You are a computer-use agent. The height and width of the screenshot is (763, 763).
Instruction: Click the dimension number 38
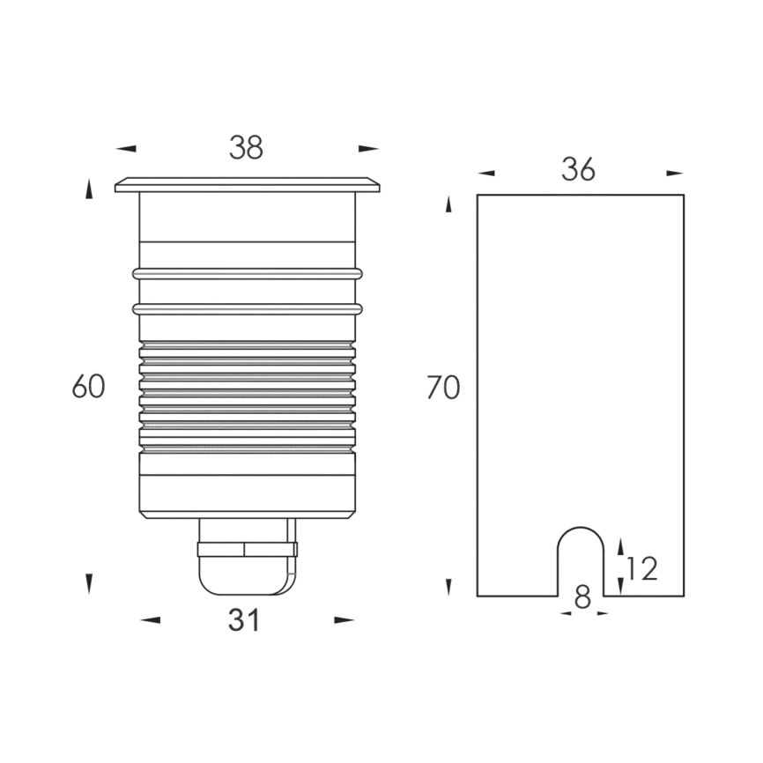246,147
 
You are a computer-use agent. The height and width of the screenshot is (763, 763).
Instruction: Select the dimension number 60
89,387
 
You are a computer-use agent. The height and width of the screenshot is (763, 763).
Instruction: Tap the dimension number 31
244,620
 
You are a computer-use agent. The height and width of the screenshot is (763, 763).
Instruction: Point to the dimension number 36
579,169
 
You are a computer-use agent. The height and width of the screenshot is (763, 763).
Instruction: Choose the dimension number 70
443,388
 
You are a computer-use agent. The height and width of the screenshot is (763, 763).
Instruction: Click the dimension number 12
642,569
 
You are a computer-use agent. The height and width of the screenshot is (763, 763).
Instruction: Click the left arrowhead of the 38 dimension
126,148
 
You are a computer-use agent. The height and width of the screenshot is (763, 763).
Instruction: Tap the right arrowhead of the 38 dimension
368,148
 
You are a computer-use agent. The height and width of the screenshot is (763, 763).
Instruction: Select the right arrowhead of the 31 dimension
344,620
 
